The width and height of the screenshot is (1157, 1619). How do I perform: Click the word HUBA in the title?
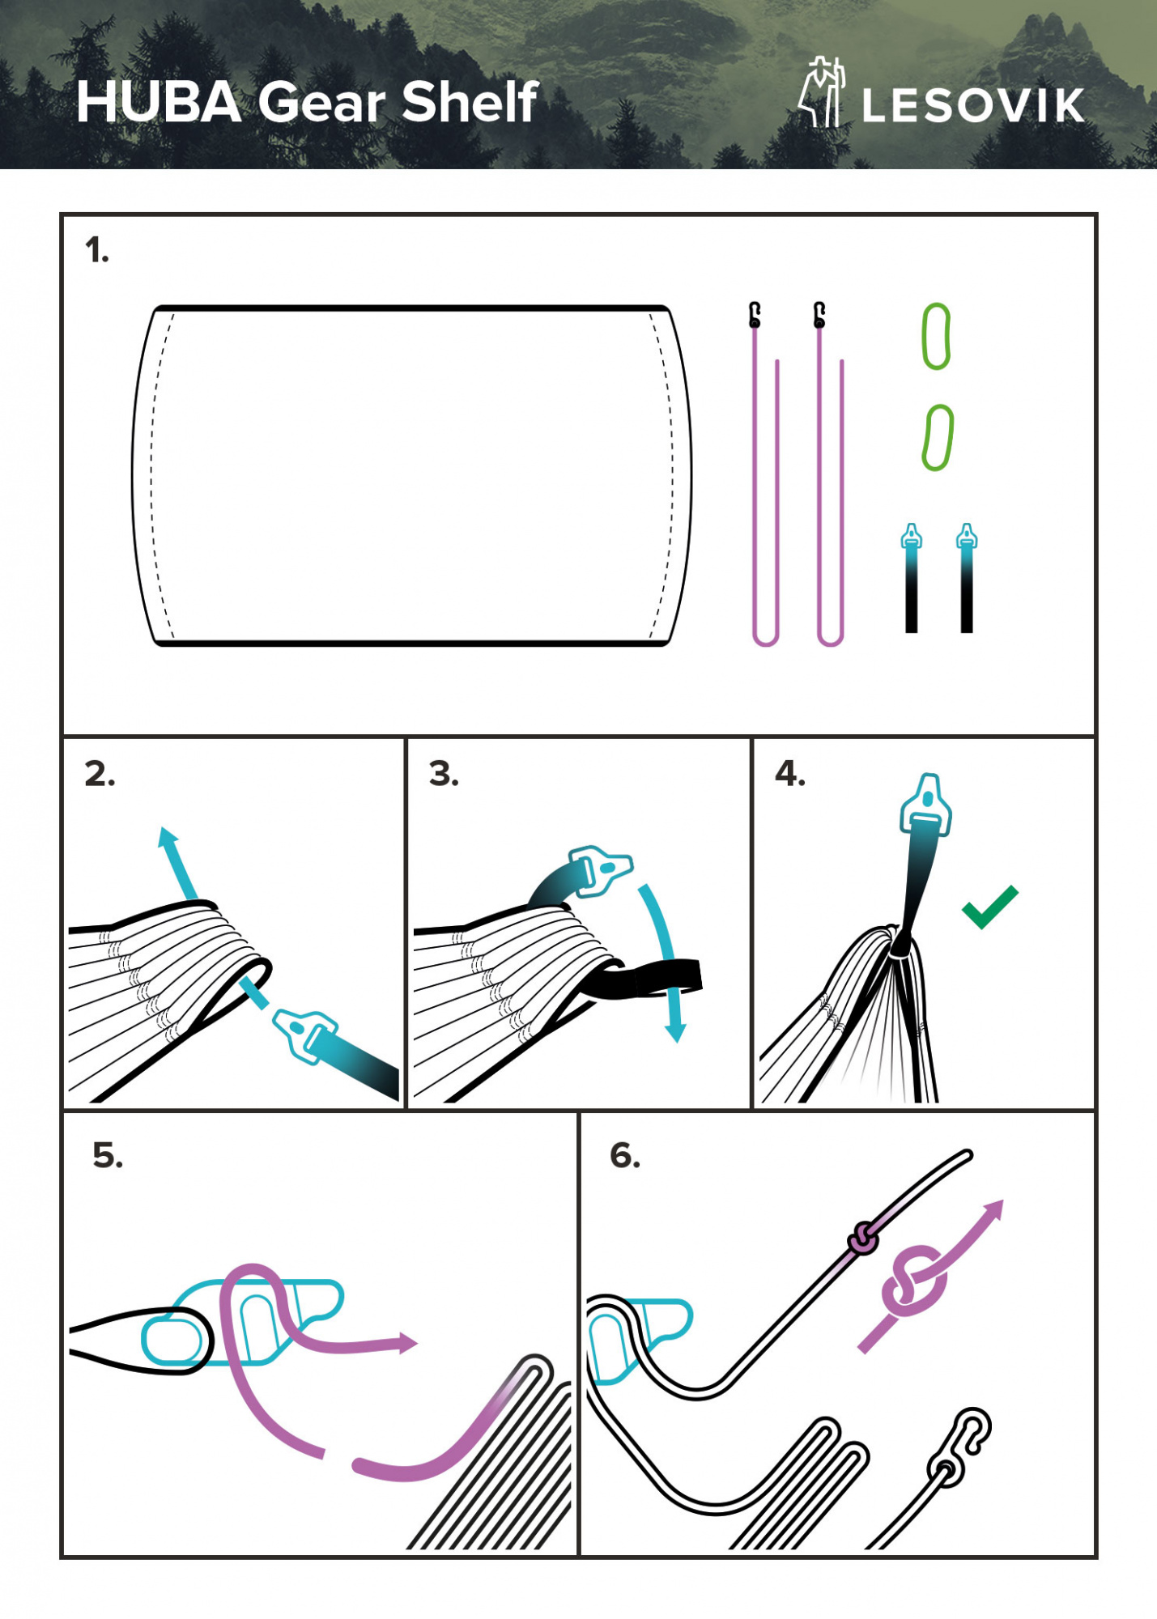(159, 103)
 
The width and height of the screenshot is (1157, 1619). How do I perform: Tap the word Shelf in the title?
(470, 103)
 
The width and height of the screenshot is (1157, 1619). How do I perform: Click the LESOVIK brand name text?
(972, 106)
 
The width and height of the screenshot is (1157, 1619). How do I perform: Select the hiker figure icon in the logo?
(822, 92)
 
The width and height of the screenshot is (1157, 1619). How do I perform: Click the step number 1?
(96, 251)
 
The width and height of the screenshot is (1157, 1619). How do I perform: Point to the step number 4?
(789, 774)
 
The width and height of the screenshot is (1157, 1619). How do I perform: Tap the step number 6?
(624, 1155)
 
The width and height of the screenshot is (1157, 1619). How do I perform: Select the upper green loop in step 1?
(936, 336)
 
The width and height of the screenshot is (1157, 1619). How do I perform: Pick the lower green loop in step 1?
(938, 438)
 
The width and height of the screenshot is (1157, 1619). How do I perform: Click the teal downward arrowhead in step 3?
(675, 1032)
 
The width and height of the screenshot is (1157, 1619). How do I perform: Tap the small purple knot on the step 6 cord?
(863, 1239)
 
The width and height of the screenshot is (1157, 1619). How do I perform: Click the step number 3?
(443, 774)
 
